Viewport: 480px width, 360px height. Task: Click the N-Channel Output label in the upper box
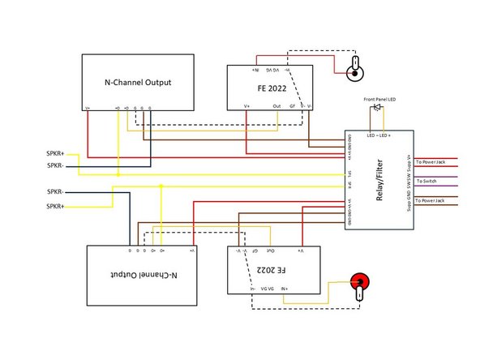pyautogui.click(x=137, y=83)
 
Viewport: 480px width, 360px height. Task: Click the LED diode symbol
pyautogui.click(x=376, y=108)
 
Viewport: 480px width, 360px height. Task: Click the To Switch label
pyautogui.click(x=426, y=181)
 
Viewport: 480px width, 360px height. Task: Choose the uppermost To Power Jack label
pyautogui.click(x=431, y=162)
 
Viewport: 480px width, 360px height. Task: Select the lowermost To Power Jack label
pyautogui.click(x=431, y=199)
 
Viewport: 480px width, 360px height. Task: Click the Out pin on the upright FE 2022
pyautogui.click(x=277, y=105)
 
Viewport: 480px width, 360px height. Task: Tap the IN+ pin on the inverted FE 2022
pyautogui.click(x=285, y=288)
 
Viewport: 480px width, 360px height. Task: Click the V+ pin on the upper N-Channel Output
pyautogui.click(x=88, y=106)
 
